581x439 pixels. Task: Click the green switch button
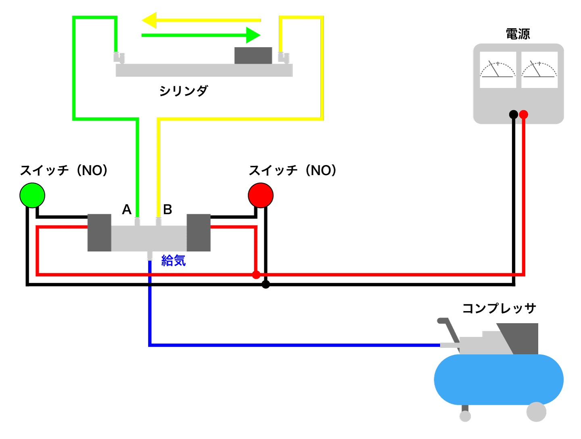[32, 195]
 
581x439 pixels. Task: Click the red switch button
[261, 195]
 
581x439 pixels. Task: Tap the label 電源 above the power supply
[518, 34]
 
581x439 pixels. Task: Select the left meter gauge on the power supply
[497, 70]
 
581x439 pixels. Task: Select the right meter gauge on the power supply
[539, 70]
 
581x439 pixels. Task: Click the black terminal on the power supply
[513, 115]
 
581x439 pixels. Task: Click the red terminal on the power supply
[524, 115]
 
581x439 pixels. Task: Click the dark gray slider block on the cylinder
[253, 56]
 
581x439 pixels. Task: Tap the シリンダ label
[184, 91]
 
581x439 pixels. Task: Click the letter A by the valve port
[127, 209]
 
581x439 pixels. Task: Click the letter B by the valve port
[167, 209]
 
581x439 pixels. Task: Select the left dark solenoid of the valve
[99, 233]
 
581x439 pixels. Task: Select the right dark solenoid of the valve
[199, 233]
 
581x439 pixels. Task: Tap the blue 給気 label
[173, 261]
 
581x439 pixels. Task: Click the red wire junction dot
[256, 275]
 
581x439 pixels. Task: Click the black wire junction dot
[265, 285]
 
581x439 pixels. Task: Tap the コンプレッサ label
[499, 308]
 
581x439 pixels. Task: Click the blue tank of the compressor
[499, 379]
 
